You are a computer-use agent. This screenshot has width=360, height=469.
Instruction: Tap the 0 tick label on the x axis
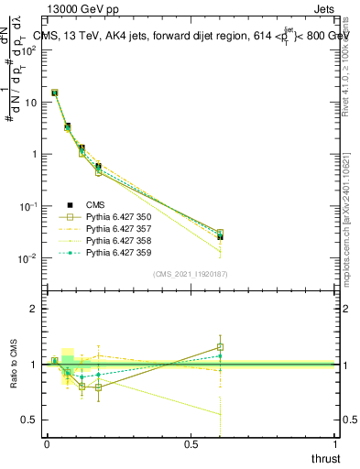coord(47,443)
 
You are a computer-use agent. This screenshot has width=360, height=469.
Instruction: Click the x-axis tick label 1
coord(337,443)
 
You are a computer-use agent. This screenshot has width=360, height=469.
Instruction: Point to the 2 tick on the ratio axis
coord(34,309)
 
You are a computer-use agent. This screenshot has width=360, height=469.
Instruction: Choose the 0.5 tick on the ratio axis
coord(30,420)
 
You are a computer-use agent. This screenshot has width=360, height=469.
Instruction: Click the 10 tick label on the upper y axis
coord(30,102)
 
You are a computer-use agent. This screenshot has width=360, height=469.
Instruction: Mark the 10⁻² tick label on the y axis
coord(27,259)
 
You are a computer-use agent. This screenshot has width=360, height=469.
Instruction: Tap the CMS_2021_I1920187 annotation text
coord(190,274)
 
